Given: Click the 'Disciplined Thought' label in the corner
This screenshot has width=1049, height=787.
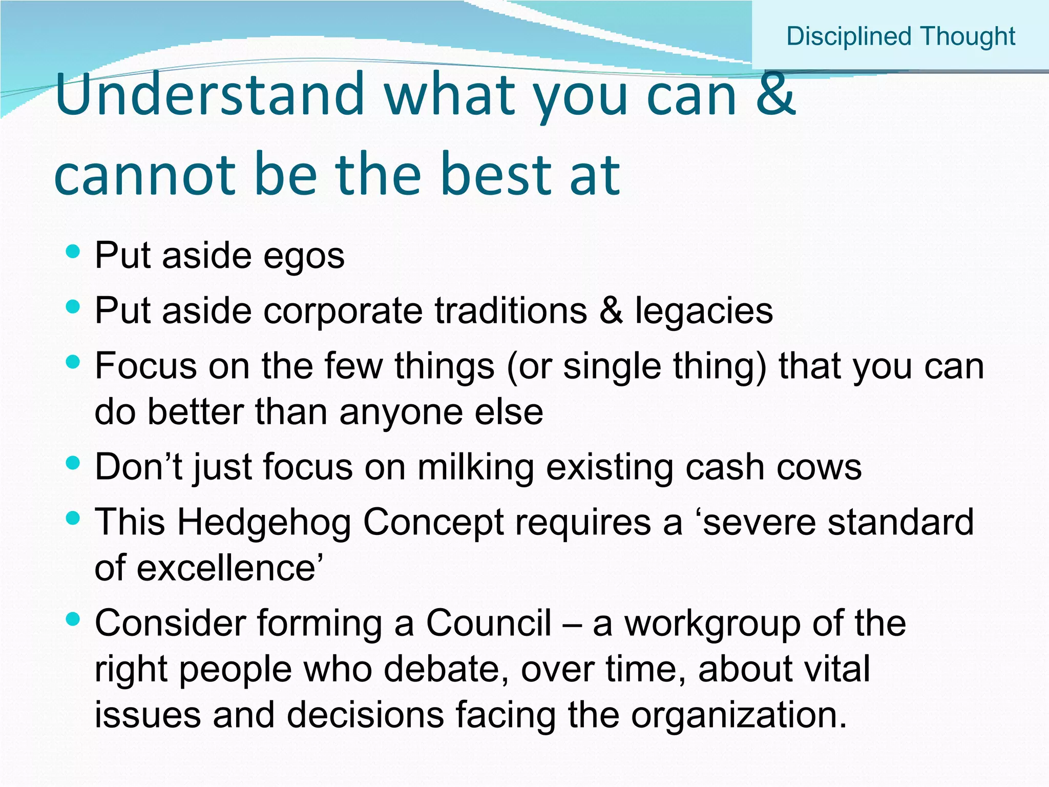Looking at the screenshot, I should tap(900, 37).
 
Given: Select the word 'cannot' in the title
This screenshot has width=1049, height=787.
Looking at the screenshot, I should tap(144, 175).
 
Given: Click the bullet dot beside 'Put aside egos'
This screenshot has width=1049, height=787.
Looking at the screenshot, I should tap(74, 252).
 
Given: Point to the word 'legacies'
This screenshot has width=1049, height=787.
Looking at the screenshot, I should tap(704, 311).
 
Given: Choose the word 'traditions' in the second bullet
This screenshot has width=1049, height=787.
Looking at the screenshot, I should tap(511, 311).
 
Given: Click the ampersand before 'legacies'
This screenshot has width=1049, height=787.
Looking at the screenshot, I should tap(611, 311).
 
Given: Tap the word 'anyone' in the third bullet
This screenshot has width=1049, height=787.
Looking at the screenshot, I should tap(401, 412).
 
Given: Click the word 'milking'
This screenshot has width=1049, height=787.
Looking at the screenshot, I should tap(476, 467).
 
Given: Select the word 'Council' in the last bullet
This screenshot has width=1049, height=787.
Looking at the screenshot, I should tap(489, 624).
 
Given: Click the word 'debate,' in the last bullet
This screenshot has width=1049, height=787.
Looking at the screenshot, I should tap(446, 669).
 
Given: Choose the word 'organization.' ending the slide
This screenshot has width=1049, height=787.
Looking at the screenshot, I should tap(739, 715).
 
